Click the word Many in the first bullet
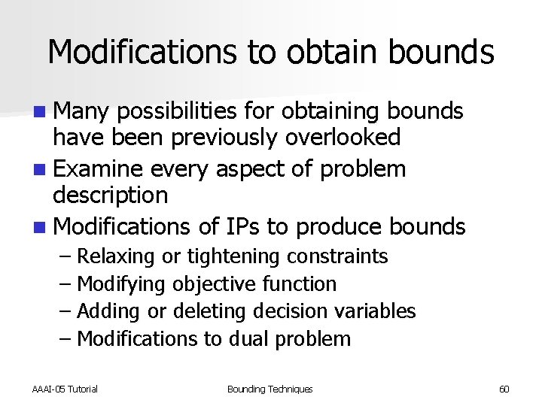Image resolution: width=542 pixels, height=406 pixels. coord(82,112)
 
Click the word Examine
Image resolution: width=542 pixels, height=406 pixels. coord(100,169)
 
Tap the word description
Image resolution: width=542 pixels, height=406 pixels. coord(110,195)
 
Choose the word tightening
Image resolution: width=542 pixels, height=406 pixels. coord(233,256)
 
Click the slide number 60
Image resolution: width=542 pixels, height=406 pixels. coord(504,389)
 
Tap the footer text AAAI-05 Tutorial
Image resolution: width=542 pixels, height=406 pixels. coord(65,389)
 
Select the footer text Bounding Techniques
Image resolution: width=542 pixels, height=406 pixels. coord(269,389)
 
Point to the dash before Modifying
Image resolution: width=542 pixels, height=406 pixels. coord(65,284)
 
